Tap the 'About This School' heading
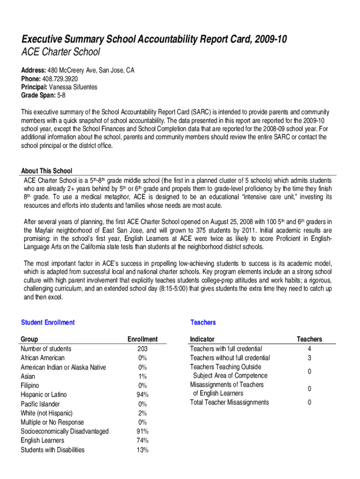pyautogui.click(x=47, y=171)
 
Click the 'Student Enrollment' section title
pyautogui.click(x=48, y=322)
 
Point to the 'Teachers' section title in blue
pyautogui.click(x=203, y=322)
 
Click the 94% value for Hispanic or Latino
pyautogui.click(x=143, y=394)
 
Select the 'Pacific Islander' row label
pyautogui.click(x=43, y=404)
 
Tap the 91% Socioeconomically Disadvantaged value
pyautogui.click(x=143, y=431)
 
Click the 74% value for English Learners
pyautogui.click(x=143, y=441)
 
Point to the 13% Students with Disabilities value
pyautogui.click(x=143, y=450)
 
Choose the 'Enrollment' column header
pyautogui.click(x=143, y=339)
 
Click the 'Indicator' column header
pyautogui.click(x=202, y=339)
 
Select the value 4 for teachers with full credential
pyautogui.click(x=309, y=348)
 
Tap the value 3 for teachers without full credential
pyautogui.click(x=309, y=358)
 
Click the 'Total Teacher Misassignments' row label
pyautogui.click(x=230, y=402)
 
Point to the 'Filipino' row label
pyautogui.click(x=30, y=385)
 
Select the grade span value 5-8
pyautogui.click(x=61, y=95)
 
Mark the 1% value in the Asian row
pyautogui.click(x=143, y=376)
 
